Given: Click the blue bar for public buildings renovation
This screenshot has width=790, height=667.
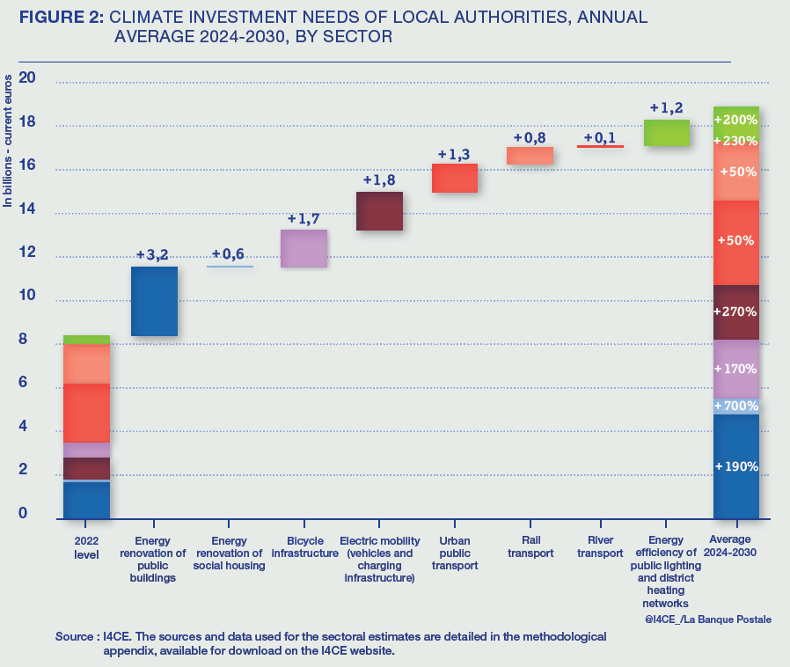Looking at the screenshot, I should [x=155, y=301].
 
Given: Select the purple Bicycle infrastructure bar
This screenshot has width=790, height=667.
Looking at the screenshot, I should [x=304, y=248].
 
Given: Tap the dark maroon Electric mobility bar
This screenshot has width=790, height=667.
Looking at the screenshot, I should [x=379, y=211].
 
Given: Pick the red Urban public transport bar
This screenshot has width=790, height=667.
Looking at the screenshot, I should [x=455, y=178].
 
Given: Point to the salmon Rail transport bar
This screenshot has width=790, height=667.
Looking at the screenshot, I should [x=530, y=156].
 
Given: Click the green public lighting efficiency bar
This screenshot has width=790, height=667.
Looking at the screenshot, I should [x=667, y=132].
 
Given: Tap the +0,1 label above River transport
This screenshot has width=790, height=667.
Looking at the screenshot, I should [x=601, y=137].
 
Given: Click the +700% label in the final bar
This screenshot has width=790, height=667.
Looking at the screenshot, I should [x=735, y=406].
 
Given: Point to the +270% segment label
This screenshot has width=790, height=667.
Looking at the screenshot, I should [x=735, y=312].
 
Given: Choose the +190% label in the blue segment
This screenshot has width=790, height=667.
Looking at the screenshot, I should [x=735, y=465].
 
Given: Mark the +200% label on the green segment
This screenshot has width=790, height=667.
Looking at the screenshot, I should [x=735, y=120].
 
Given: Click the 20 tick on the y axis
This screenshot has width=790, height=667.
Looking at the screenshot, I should [x=27, y=77].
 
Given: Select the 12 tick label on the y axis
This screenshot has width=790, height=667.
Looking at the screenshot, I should [x=27, y=253].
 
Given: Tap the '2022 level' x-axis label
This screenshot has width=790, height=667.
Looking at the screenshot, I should [x=86, y=548].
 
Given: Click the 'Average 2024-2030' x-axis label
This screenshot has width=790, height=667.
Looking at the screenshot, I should [x=735, y=548].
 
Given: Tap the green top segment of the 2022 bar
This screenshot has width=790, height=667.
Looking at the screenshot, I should [x=86, y=340].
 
